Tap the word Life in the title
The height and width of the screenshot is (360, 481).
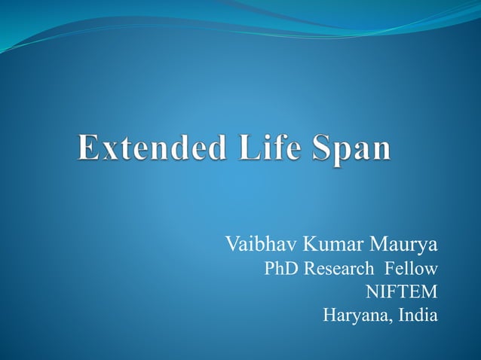point(263,146)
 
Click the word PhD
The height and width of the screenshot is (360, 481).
point(279,269)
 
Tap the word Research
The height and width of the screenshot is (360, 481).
point(338,269)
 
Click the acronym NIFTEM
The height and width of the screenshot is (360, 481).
point(401,291)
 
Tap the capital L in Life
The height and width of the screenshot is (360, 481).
point(240,146)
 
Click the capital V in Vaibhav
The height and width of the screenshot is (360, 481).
point(231,246)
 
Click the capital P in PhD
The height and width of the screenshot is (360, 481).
point(268,269)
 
